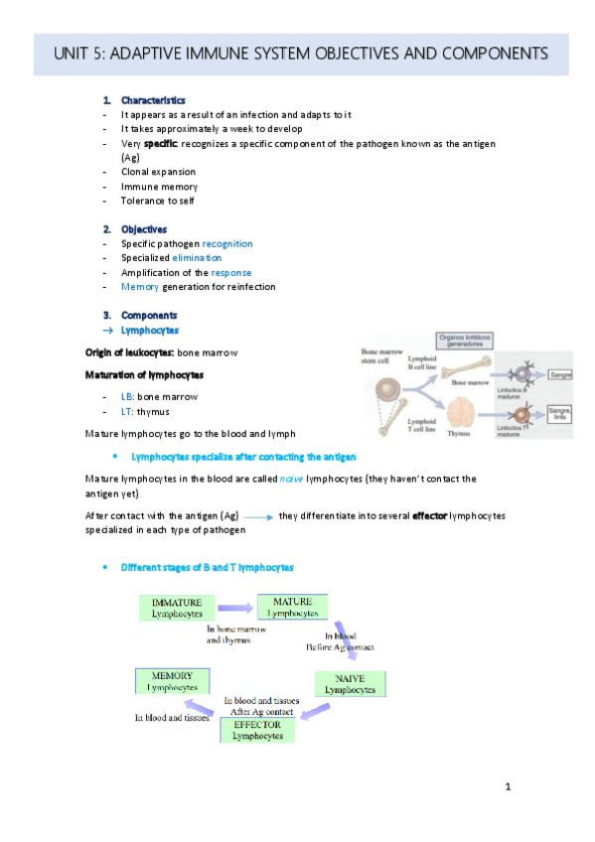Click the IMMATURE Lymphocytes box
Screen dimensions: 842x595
pos(177,608)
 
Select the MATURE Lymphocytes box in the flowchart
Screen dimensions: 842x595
pos(292,607)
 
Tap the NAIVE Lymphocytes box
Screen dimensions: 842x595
pos(349,683)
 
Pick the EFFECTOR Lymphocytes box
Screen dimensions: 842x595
pos(257,729)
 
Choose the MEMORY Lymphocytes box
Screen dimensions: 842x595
pos(173,681)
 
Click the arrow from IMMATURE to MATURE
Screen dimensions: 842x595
pos(237,607)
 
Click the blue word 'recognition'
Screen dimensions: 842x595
pos(227,243)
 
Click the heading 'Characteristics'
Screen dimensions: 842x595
pos(146,100)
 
